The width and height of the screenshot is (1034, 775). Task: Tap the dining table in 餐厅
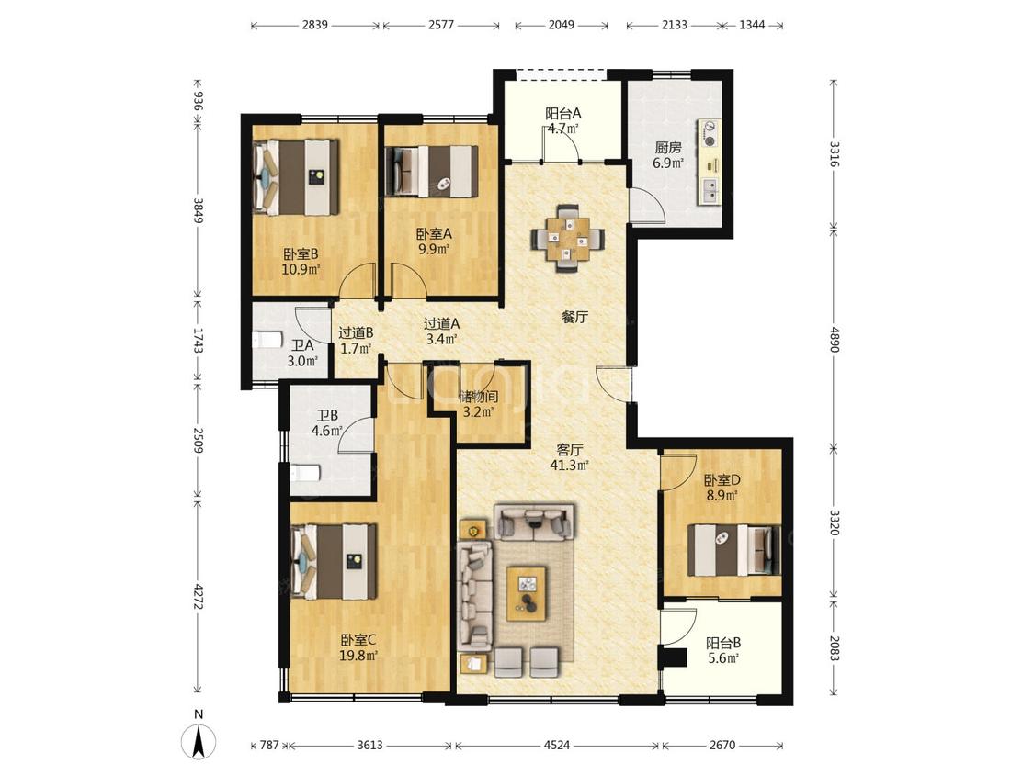coord(567,238)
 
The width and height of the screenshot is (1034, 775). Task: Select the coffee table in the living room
coord(527,593)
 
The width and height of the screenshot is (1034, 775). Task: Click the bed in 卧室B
coord(296,177)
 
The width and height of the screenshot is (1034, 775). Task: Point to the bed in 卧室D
coord(734,550)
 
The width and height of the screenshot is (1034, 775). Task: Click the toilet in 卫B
coord(304,473)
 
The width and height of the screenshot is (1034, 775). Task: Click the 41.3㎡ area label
coord(569,466)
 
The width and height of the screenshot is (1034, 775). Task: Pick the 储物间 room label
coord(478,397)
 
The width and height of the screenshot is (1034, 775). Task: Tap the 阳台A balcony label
coord(562,113)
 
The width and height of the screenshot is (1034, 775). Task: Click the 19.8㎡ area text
coord(358,655)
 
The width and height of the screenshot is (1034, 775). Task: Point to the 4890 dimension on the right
coord(835,340)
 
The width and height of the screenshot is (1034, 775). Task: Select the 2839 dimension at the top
coord(314,25)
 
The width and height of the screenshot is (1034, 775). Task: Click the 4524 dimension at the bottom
coord(557,745)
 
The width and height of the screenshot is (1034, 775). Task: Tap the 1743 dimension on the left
coord(198,340)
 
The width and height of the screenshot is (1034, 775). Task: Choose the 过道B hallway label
coord(356,332)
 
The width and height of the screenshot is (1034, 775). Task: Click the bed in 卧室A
coord(431,171)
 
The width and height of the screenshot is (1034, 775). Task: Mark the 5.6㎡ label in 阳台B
coord(723,657)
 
